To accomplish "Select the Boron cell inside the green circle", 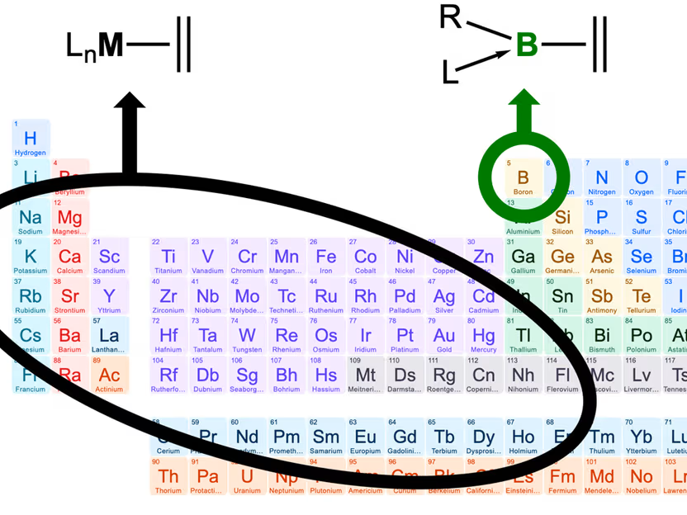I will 523,178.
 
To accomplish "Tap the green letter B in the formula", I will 527,45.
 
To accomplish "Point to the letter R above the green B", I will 450,17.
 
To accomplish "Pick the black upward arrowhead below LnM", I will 129,102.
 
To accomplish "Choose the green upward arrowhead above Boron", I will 524,101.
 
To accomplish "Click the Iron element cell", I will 326,257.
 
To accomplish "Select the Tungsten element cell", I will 247,336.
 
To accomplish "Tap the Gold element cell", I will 444,336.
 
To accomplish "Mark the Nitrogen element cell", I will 602,178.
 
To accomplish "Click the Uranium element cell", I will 247,477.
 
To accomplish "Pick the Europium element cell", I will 365,437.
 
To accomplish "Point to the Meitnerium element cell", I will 365,376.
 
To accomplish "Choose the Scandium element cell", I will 109,257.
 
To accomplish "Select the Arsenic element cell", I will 602,257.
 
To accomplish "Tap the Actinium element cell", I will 109,376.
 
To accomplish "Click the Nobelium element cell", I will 642,477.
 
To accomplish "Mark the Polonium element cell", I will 642,336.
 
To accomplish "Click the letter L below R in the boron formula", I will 450,74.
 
